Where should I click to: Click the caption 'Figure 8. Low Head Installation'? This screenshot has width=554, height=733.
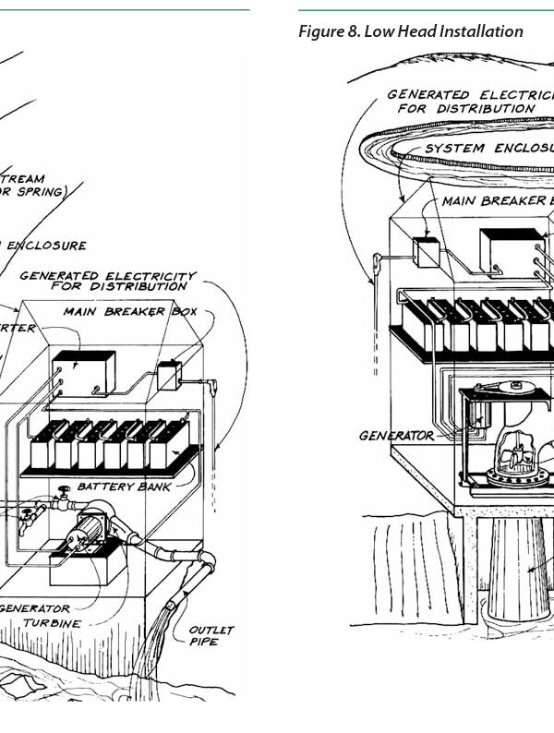tap(410, 31)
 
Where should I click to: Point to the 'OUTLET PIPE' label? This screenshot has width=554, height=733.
tap(211, 635)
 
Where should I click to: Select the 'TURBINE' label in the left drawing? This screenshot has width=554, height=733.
tap(52, 623)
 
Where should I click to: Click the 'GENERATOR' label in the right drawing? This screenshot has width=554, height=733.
tap(396, 436)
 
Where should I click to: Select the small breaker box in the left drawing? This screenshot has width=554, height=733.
tap(168, 376)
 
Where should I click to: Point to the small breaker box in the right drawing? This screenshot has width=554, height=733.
tap(426, 252)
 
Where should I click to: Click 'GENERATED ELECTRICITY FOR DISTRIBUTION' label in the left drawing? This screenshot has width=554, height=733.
tap(108, 281)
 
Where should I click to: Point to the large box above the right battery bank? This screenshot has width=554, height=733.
tap(510, 249)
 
